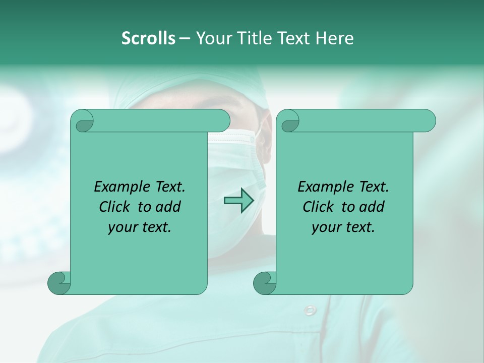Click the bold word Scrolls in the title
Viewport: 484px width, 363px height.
[148, 38]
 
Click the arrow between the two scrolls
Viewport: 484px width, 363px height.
[238, 200]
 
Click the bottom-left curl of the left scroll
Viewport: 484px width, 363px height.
[59, 282]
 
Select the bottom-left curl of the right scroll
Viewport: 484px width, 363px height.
[265, 282]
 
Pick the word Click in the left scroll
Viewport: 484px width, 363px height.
[116, 207]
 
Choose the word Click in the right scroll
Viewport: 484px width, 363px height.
[320, 207]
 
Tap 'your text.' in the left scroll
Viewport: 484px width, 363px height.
[140, 227]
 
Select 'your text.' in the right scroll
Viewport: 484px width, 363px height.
[343, 227]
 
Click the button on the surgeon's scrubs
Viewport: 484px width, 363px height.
[309, 309]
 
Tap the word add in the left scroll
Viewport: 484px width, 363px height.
[169, 207]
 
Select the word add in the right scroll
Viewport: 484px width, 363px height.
[373, 207]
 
